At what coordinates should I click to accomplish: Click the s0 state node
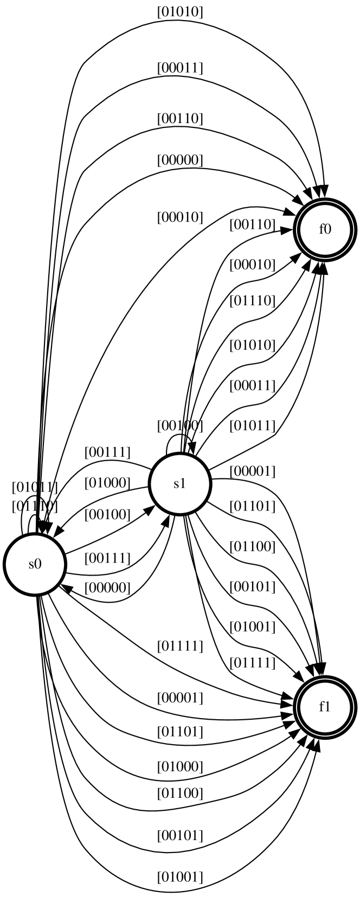pyautogui.click(x=35, y=564)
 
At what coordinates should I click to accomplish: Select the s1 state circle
pyautogui.click(x=179, y=483)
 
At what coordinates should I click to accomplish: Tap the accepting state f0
pyautogui.click(x=324, y=229)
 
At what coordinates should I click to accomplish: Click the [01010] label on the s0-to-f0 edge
pyautogui.click(x=180, y=12)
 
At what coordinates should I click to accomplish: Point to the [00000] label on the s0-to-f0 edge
pyautogui.click(x=180, y=160)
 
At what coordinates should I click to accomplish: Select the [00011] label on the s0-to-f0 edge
pyautogui.click(x=180, y=68)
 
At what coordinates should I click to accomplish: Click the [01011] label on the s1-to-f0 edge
pyautogui.click(x=252, y=425)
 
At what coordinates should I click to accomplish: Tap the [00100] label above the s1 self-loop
pyautogui.click(x=180, y=425)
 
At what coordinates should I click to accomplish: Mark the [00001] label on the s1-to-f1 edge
pyautogui.click(x=252, y=472)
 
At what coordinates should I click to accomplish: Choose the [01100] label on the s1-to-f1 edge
pyautogui.click(x=252, y=546)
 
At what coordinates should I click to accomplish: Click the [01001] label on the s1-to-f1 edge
pyautogui.click(x=252, y=627)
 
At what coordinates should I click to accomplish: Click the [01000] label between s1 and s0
pyautogui.click(x=107, y=482)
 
